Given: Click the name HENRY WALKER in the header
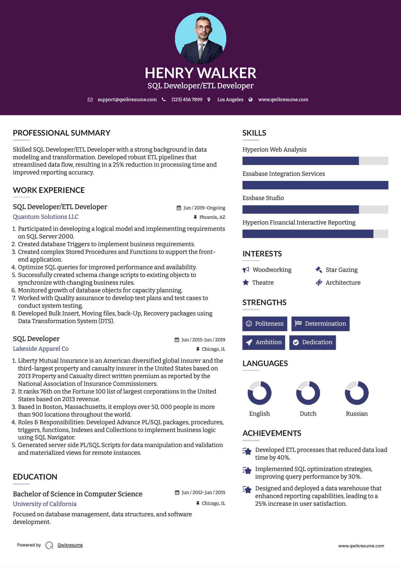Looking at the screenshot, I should (x=200, y=73).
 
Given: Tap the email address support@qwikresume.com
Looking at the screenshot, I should (x=127, y=99).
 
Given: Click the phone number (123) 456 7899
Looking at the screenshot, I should (x=187, y=99).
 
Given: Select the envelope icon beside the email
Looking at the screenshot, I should (x=90, y=100).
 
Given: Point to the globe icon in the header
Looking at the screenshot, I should (x=251, y=100).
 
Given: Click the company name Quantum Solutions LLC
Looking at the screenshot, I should (x=46, y=217).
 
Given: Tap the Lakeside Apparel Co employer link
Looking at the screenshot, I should (x=41, y=349).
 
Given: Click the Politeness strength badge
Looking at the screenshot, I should (x=265, y=324).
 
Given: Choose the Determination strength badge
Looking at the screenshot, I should (x=320, y=324).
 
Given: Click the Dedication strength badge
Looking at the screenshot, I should (x=312, y=342).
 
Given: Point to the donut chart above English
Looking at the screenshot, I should (x=259, y=393).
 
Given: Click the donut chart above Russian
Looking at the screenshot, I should (x=357, y=393).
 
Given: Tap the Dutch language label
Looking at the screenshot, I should (x=308, y=414).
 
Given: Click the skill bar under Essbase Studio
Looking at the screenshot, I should (x=315, y=209).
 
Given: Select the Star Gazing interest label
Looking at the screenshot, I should (x=341, y=270).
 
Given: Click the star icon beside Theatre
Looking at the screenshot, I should (x=246, y=282).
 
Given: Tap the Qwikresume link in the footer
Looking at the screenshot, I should (x=70, y=545).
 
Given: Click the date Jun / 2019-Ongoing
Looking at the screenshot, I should (x=204, y=208).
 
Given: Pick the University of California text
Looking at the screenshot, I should (x=45, y=504).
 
